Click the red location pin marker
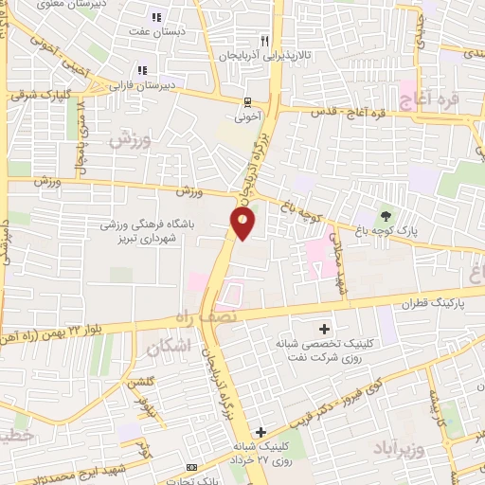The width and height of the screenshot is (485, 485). [x=242, y=224]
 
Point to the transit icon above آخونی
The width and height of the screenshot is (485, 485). [x=247, y=102]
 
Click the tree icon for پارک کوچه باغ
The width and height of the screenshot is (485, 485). [x=385, y=214]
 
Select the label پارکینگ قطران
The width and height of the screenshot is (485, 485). [x=434, y=303]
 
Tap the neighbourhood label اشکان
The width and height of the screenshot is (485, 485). [x=171, y=349]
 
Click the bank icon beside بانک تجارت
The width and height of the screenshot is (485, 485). [x=192, y=468]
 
